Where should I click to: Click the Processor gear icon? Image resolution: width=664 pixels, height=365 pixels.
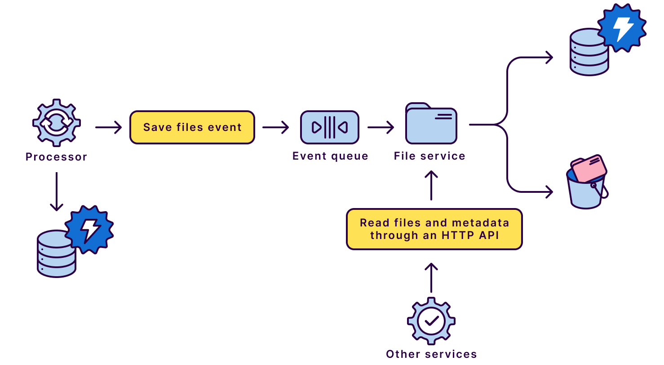[x=57, y=122]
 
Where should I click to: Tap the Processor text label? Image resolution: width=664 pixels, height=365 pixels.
[x=56, y=157]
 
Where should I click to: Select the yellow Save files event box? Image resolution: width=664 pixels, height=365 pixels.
[x=192, y=127]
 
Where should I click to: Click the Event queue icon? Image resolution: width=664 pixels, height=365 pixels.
[x=330, y=127]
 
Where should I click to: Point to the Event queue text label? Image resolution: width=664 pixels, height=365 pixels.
[x=330, y=156]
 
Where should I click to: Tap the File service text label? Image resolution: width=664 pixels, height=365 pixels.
[x=429, y=156]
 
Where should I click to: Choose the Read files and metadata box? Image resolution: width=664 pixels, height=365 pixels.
[x=434, y=229]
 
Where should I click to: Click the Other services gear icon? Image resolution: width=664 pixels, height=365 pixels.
[x=431, y=321]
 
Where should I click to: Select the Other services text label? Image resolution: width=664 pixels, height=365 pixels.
[x=431, y=354]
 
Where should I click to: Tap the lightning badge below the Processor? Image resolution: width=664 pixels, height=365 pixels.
[x=89, y=229]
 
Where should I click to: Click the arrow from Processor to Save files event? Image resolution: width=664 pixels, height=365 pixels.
[x=109, y=127]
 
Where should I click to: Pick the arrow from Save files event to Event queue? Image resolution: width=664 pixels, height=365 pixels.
[x=276, y=127]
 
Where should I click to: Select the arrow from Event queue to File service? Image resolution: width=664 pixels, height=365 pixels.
[x=381, y=127]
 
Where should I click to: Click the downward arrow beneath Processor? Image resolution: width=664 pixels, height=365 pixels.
[x=57, y=191]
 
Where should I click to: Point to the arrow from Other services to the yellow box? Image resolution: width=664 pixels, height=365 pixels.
[x=431, y=278]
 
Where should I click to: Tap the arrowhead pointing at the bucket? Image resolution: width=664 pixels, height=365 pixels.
[x=549, y=192]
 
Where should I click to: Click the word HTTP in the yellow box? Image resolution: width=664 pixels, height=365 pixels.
[x=458, y=235]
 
